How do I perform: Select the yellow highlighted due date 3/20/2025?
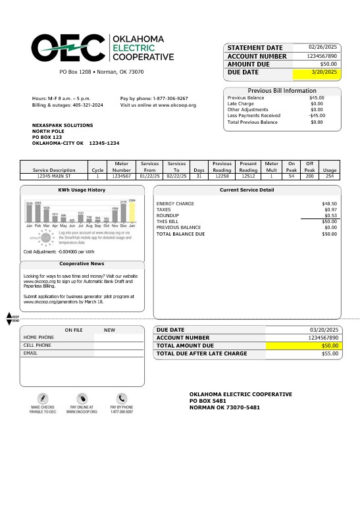pos(323,72)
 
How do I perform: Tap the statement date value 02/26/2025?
pos(322,47)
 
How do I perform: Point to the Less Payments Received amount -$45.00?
pos(317,115)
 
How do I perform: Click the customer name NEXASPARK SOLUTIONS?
pos(63,125)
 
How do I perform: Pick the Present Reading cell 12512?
pos(248,176)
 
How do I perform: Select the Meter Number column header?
pos(122,166)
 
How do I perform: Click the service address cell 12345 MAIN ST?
pos(53,176)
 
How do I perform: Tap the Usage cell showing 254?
pos(330,176)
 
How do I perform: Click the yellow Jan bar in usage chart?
pos(132,211)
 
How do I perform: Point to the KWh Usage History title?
pos(82,190)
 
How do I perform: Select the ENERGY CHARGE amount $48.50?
pos(329,204)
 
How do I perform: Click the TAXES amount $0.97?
pos(330,210)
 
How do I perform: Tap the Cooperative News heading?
pos(82,263)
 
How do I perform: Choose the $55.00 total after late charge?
pos(329,353)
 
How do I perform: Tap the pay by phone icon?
pos(122,398)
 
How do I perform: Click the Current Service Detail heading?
pos(256,190)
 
